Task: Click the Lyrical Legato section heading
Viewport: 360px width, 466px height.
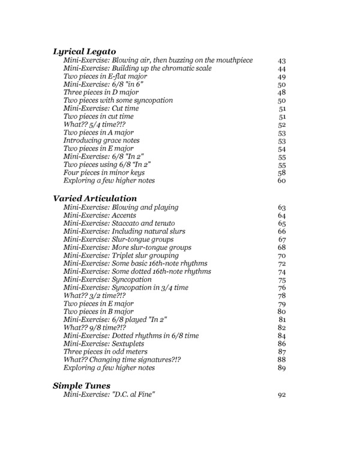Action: point(84,51)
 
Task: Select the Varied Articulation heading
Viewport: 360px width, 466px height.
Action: point(95,198)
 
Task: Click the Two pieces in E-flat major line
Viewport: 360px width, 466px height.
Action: point(106,77)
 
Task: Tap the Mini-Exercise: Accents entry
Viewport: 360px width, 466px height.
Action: point(100,215)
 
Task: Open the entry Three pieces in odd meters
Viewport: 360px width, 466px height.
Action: point(106,351)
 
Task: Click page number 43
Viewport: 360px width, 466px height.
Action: point(282,61)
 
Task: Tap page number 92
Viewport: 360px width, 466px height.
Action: point(282,395)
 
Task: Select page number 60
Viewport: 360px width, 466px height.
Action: point(282,180)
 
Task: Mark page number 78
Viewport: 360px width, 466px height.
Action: point(282,296)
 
